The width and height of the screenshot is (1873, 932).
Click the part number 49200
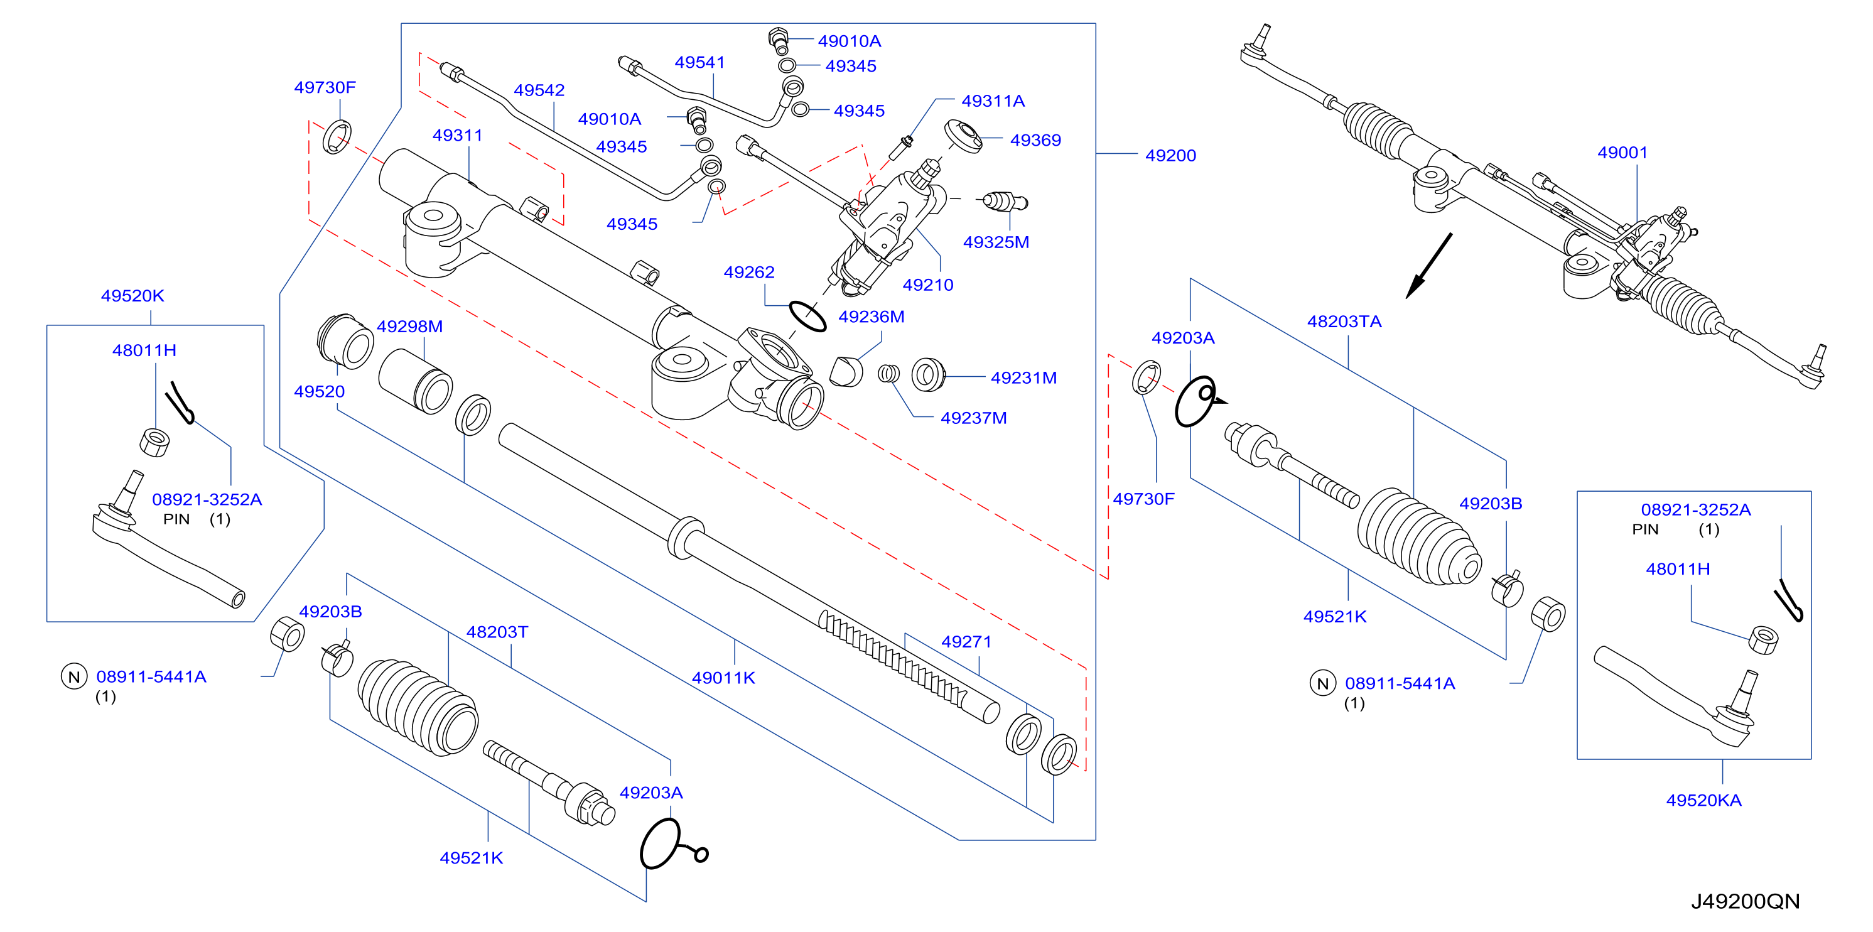1170,155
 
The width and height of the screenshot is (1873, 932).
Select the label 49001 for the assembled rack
1622,153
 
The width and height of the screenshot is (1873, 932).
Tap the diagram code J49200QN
1745,901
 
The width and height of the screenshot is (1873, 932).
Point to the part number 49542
539,90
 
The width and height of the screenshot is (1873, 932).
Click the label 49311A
993,101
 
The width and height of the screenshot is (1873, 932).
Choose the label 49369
1035,140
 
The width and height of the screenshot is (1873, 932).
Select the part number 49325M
996,242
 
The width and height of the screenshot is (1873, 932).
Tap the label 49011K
723,678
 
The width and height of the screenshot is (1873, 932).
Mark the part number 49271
966,641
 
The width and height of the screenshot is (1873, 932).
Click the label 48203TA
1344,322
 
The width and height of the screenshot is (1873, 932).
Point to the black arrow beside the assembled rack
1428,266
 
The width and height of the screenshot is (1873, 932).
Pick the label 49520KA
1703,800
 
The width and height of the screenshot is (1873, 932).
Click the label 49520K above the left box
132,296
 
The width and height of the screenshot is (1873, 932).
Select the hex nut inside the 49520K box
154,442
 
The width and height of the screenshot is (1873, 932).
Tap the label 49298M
409,327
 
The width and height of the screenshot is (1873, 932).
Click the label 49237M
974,418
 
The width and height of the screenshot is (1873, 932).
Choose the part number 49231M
1023,378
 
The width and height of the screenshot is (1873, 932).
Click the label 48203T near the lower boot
497,632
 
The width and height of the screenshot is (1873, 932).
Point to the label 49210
928,285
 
